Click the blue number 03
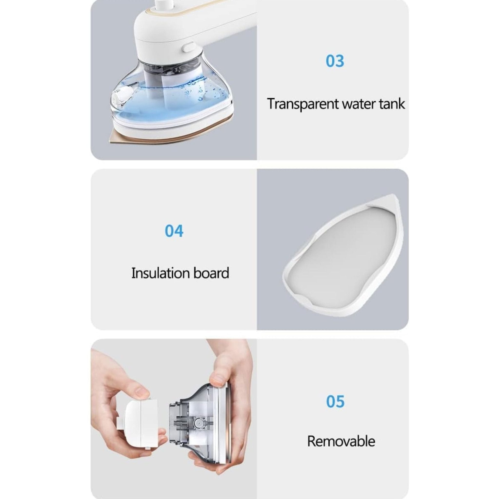click(335, 61)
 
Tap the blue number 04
click(174, 231)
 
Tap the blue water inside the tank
click(171, 103)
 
